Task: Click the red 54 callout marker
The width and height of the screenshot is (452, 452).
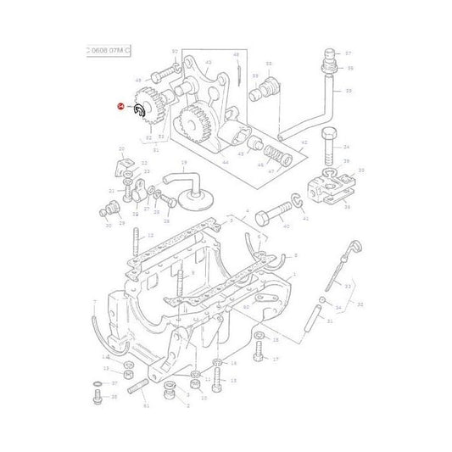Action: [x=120, y=107]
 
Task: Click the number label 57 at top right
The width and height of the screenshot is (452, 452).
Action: [x=347, y=53]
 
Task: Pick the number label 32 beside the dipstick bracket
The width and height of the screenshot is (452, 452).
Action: [x=361, y=303]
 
